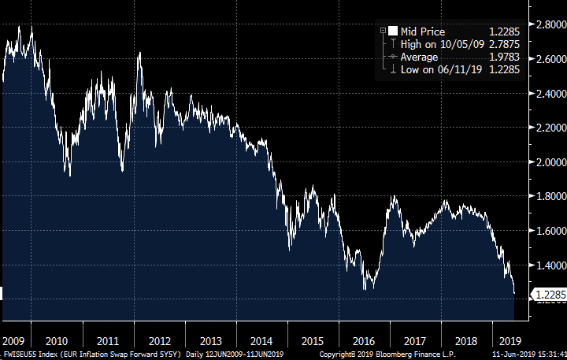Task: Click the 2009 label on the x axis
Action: coord(13,341)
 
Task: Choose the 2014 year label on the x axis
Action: coord(260,341)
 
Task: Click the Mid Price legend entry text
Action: coord(423,32)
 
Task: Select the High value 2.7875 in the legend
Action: coord(502,43)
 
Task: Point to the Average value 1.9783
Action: coord(502,56)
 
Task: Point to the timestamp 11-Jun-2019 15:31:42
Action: coord(527,354)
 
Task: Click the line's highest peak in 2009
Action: coord(31,27)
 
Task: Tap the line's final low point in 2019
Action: coord(514,294)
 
